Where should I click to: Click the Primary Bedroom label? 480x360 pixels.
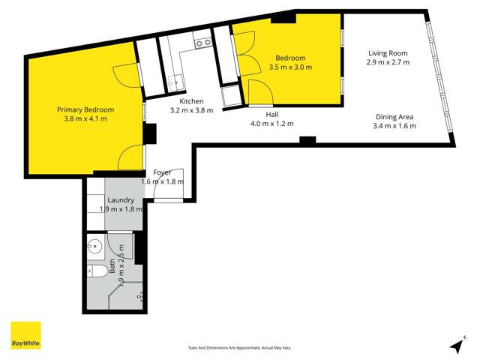pyautogui.click(x=82, y=109)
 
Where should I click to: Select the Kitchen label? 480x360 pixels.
pyautogui.click(x=192, y=100)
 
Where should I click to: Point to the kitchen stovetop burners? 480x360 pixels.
pyautogui.click(x=202, y=43)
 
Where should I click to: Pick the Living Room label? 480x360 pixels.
pyautogui.click(x=388, y=52)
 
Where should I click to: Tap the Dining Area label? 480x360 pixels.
pyautogui.click(x=394, y=116)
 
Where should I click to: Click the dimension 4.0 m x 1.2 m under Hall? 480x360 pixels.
pyautogui.click(x=271, y=124)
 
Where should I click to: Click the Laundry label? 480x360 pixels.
pyautogui.click(x=121, y=200)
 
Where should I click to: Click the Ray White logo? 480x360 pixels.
pyautogui.click(x=25, y=336)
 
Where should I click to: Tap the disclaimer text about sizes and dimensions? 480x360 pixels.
pyautogui.click(x=240, y=348)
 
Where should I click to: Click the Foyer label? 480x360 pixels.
pyautogui.click(x=162, y=172)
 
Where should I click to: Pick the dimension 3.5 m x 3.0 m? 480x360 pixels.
pyautogui.click(x=290, y=67)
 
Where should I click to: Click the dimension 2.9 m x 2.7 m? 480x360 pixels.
pyautogui.click(x=388, y=62)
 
